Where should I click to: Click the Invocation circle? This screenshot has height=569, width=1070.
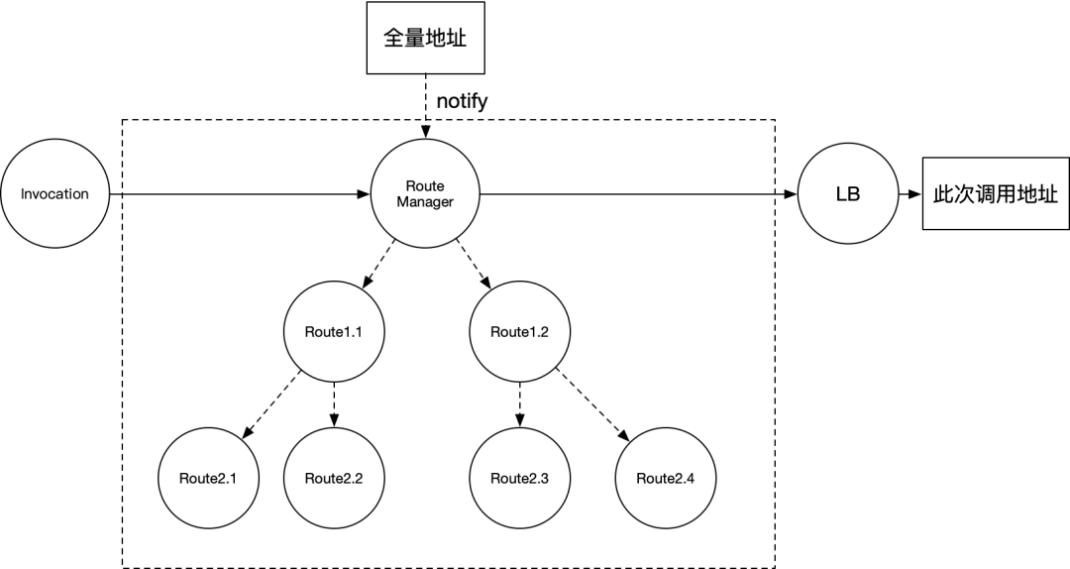(x=55, y=193)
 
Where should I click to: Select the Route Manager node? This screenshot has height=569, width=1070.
(x=425, y=194)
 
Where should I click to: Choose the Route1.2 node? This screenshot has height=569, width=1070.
(x=518, y=331)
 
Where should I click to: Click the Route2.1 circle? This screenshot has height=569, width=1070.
(x=207, y=478)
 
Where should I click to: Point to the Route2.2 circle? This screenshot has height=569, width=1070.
(x=333, y=478)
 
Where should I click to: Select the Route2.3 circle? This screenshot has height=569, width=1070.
(x=518, y=478)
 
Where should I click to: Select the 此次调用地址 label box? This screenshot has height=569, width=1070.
(x=995, y=193)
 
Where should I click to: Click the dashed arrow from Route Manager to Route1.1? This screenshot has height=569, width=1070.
(x=379, y=264)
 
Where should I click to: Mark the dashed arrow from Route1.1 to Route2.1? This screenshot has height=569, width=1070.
(x=270, y=404)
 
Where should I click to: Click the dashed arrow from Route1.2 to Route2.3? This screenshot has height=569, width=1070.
(x=518, y=404)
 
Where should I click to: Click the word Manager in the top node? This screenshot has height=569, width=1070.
(x=425, y=202)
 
